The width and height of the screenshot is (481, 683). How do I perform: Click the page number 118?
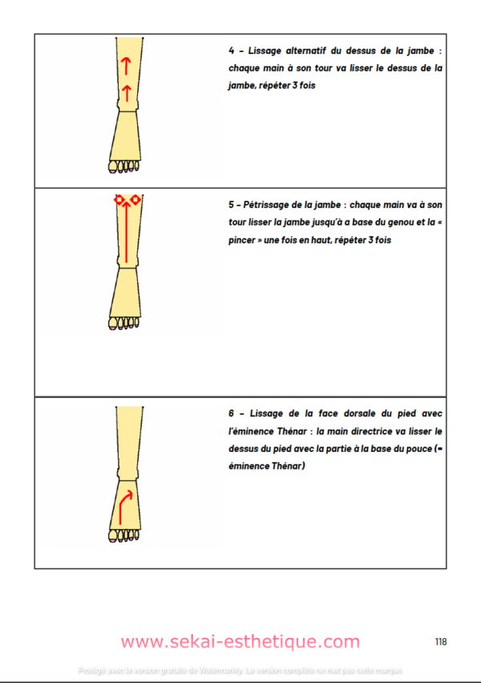point(440,641)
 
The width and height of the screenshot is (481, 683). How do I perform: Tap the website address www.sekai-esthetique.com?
point(240,642)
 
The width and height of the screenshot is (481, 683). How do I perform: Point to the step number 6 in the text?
point(231,413)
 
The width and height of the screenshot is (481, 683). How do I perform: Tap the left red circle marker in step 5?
point(118,199)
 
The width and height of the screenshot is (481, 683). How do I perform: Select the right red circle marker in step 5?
point(136,199)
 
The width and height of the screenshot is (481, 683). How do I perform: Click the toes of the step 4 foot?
point(123,167)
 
